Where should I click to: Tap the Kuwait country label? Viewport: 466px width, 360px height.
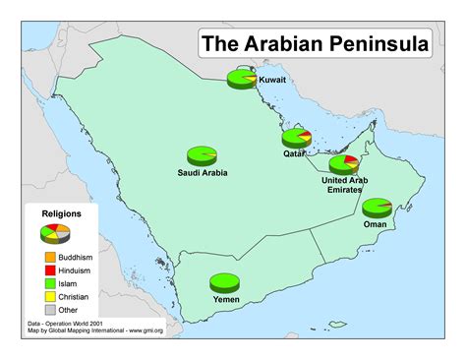click(x=272, y=81)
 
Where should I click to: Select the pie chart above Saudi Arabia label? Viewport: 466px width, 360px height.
click(x=203, y=154)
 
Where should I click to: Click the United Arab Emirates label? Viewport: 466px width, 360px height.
click(x=344, y=185)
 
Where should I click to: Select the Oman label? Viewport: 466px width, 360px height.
click(x=376, y=224)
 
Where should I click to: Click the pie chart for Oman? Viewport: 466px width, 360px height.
click(x=377, y=207)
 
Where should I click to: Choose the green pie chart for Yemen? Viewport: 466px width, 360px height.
click(x=225, y=283)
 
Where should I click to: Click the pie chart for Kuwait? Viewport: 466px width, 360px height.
click(x=241, y=78)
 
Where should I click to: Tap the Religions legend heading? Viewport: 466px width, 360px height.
click(x=61, y=212)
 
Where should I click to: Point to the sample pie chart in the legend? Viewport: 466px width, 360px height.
click(x=55, y=234)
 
